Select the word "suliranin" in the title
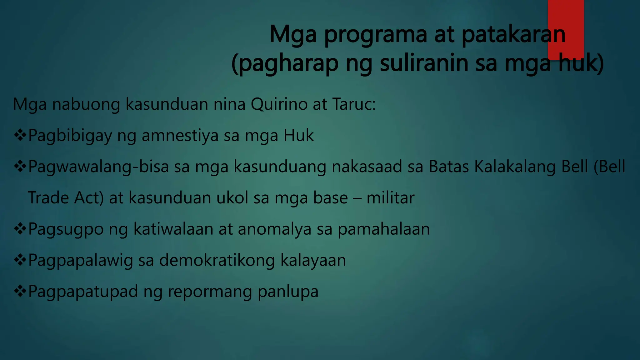[x=438, y=63]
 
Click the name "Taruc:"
[x=353, y=104]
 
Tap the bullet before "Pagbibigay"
[x=20, y=135]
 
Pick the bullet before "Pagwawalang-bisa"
[x=20, y=167]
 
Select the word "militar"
[x=390, y=198]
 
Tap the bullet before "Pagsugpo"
[x=20, y=229]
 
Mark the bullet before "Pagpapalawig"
[x=20, y=260]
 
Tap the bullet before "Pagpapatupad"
[x=20, y=292]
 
